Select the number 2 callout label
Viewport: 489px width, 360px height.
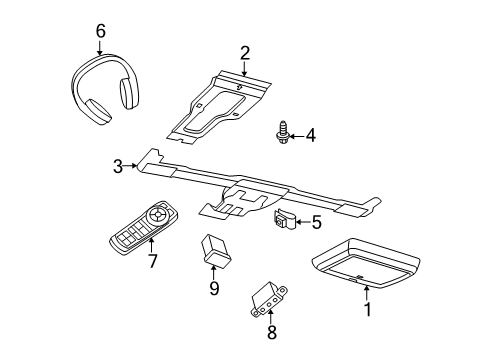pyautogui.click(x=244, y=52)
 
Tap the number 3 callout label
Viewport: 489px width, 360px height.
pyautogui.click(x=118, y=166)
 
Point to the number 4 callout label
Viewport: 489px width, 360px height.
pyautogui.click(x=311, y=134)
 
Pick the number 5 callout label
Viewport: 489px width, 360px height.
pyautogui.click(x=316, y=223)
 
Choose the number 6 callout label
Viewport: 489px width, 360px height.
pyautogui.click(x=100, y=31)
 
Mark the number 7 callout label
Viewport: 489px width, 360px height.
pyautogui.click(x=152, y=261)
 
